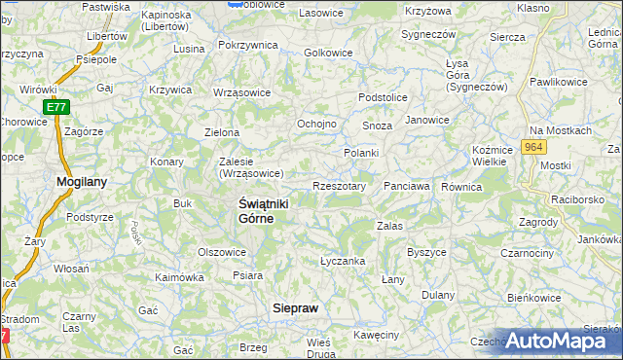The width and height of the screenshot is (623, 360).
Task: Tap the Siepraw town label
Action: click(294, 307)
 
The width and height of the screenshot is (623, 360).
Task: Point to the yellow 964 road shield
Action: click(531, 146)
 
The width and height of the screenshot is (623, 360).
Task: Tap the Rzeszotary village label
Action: click(339, 186)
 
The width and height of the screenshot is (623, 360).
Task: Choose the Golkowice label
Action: click(327, 53)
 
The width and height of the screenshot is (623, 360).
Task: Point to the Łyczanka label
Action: click(343, 261)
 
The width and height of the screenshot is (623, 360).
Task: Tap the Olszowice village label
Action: click(222, 251)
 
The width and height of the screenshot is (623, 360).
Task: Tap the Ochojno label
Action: click(316, 125)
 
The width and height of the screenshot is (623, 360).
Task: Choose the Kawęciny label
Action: click(377, 335)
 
